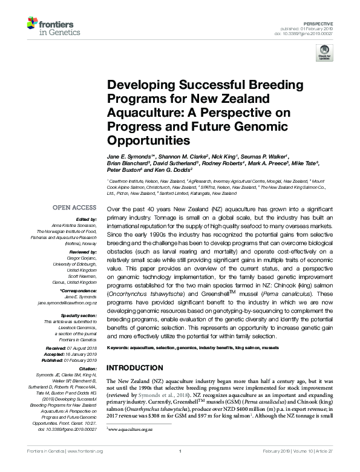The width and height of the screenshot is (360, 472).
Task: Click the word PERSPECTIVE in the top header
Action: pyautogui.click(x=335, y=22)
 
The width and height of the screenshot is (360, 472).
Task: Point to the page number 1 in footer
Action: pyautogui.click(x=180, y=467)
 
